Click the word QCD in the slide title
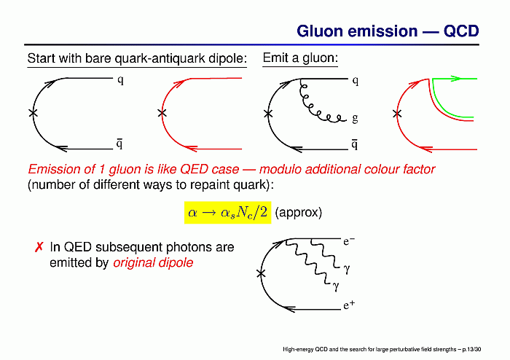[461, 31]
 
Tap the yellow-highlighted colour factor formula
[227, 212]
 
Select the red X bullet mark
[39, 247]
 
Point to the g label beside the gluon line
[355, 118]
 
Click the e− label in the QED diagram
[349, 241]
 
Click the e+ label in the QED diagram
[349, 305]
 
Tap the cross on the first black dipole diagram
[33, 113]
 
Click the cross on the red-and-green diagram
[397, 114]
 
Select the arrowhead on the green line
[456, 79]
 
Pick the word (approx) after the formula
[298, 213]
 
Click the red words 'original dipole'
[153, 262]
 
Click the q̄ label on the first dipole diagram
[119, 144]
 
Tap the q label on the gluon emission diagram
[356, 81]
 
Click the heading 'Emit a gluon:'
[300, 58]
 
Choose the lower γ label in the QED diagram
[336, 286]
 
